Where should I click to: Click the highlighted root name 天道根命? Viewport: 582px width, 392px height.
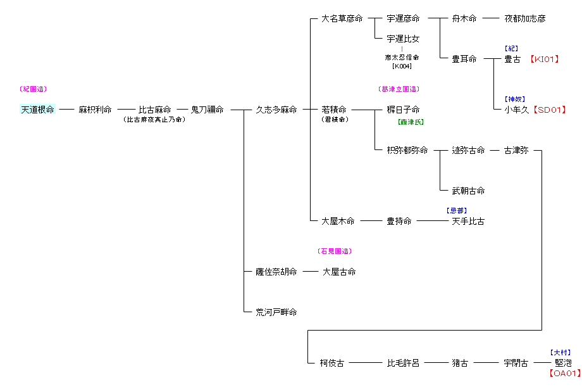(x=37, y=110)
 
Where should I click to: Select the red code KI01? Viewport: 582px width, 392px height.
(x=545, y=59)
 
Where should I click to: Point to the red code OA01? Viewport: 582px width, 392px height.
(x=564, y=374)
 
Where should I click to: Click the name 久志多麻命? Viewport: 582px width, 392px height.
(x=276, y=110)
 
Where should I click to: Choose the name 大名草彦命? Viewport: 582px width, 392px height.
(x=342, y=18)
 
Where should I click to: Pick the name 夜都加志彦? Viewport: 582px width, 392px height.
(x=524, y=18)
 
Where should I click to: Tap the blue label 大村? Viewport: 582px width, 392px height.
(x=560, y=352)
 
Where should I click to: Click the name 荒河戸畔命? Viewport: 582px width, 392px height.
(x=276, y=312)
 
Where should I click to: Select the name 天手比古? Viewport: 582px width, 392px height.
(x=468, y=221)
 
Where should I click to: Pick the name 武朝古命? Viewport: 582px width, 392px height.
(x=468, y=191)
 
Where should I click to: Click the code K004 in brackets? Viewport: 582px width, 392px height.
(x=402, y=66)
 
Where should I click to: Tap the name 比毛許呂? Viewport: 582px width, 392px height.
(x=403, y=363)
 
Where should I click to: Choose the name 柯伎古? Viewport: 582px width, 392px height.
(x=332, y=363)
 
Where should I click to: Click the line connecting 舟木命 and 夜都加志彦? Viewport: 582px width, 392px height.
(x=491, y=18)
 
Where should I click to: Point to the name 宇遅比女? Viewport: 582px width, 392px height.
(x=403, y=39)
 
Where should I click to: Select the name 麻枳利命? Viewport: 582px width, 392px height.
(x=95, y=110)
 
